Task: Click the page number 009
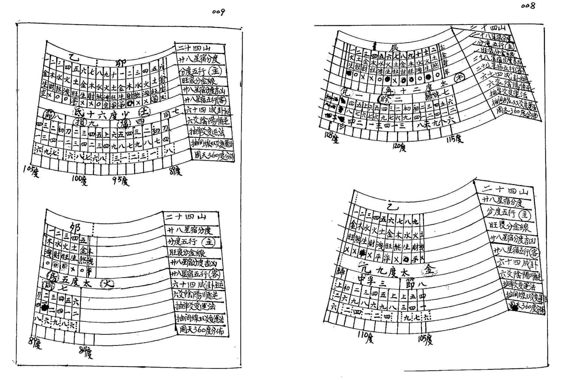[x=218, y=12]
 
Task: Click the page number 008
[x=528, y=6]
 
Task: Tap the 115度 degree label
[x=455, y=139]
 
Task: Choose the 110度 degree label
[x=366, y=337]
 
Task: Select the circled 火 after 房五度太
[x=108, y=284]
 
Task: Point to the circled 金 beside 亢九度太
[x=430, y=269]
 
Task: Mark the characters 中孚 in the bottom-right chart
[x=365, y=279]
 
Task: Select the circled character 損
[x=80, y=122]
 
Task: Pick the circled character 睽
[x=384, y=100]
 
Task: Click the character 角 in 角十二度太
[x=389, y=90]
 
